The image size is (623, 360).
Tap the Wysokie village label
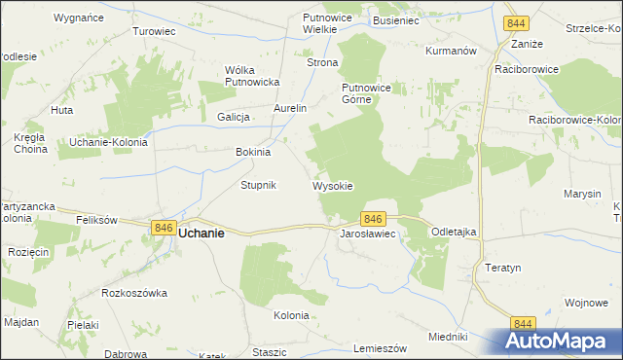332,185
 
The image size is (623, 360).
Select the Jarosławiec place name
366,235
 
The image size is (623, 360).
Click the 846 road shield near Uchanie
163,227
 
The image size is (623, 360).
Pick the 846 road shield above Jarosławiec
375,219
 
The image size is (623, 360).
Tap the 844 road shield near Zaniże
517,23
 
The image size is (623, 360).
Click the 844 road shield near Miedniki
524,324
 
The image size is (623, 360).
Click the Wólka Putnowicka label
252,76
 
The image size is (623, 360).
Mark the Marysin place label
581,194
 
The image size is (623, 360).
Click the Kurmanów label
450,50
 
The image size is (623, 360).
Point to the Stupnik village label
259,185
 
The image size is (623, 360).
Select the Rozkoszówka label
134,292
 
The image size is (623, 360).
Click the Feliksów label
97,221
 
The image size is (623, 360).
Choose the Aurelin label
290,108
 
